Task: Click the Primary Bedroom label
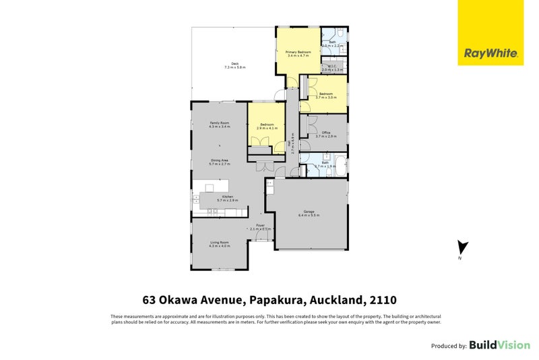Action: (x=298, y=52)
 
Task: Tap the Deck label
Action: (x=235, y=64)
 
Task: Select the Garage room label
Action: (x=309, y=212)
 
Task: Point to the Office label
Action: (x=325, y=133)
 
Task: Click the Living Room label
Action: (x=220, y=242)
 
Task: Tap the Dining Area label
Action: (x=220, y=160)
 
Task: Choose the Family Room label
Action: (x=220, y=123)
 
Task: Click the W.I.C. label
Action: (x=333, y=65)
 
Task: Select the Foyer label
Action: (x=260, y=225)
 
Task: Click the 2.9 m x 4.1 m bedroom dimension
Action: (x=267, y=128)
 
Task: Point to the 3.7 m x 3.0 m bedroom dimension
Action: (x=326, y=97)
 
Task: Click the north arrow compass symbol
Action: (x=462, y=249)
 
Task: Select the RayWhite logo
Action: (x=490, y=33)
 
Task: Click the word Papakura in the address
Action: (x=276, y=299)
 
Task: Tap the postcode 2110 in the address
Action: (x=382, y=299)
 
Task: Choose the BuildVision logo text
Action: (x=499, y=345)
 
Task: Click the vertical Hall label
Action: (x=290, y=146)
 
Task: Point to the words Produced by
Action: (x=449, y=346)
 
